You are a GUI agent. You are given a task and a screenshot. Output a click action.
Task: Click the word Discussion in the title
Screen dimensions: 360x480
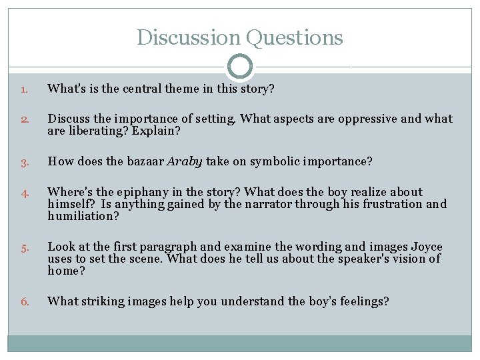pos(189,37)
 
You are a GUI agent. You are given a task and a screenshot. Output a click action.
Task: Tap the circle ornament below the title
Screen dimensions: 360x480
pos(240,67)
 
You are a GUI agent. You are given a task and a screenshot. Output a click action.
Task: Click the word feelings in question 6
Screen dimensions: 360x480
pos(359,301)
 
